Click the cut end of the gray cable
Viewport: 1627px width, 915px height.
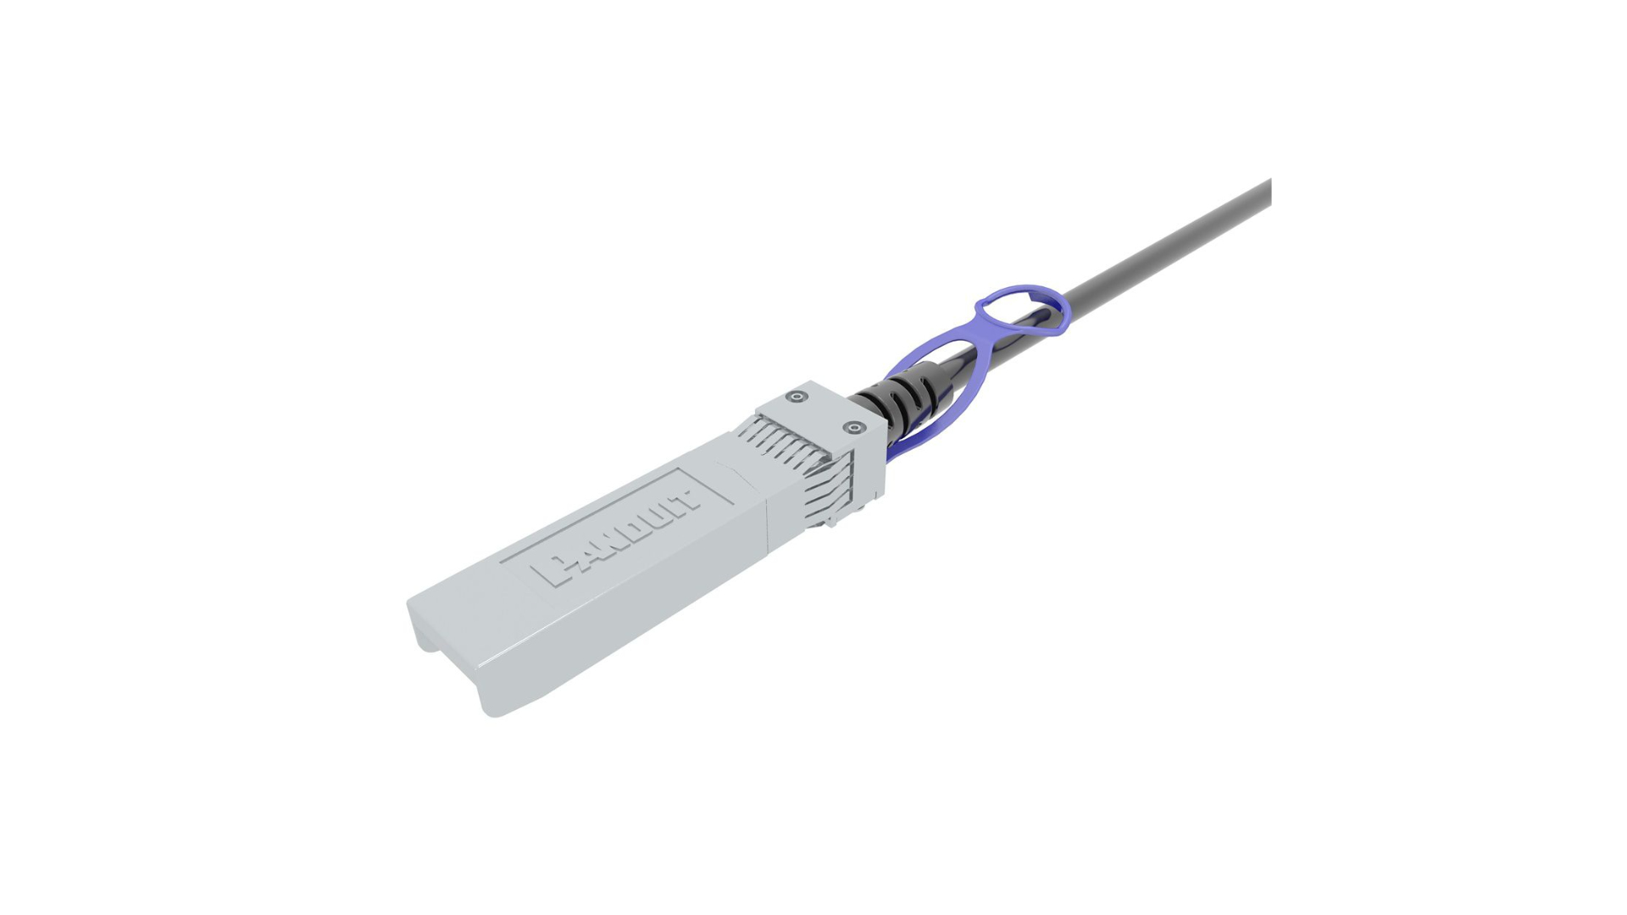tap(1269, 193)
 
